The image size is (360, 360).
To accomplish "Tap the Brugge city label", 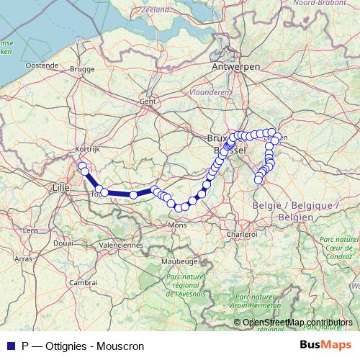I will pyautogui.click(x=83, y=70).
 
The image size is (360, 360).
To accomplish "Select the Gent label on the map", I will pyautogui.click(x=148, y=102).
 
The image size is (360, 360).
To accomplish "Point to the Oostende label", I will pyautogui.click(x=42, y=65).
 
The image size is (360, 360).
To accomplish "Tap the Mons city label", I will pyautogui.click(x=177, y=225).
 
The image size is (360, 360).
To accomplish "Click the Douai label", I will pyautogui.click(x=63, y=243).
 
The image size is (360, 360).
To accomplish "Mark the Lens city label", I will pyautogui.click(x=31, y=230).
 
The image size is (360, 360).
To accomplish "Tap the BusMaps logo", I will pyautogui.click(x=327, y=346).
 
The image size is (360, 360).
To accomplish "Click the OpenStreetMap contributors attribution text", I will pyautogui.click(x=299, y=323).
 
